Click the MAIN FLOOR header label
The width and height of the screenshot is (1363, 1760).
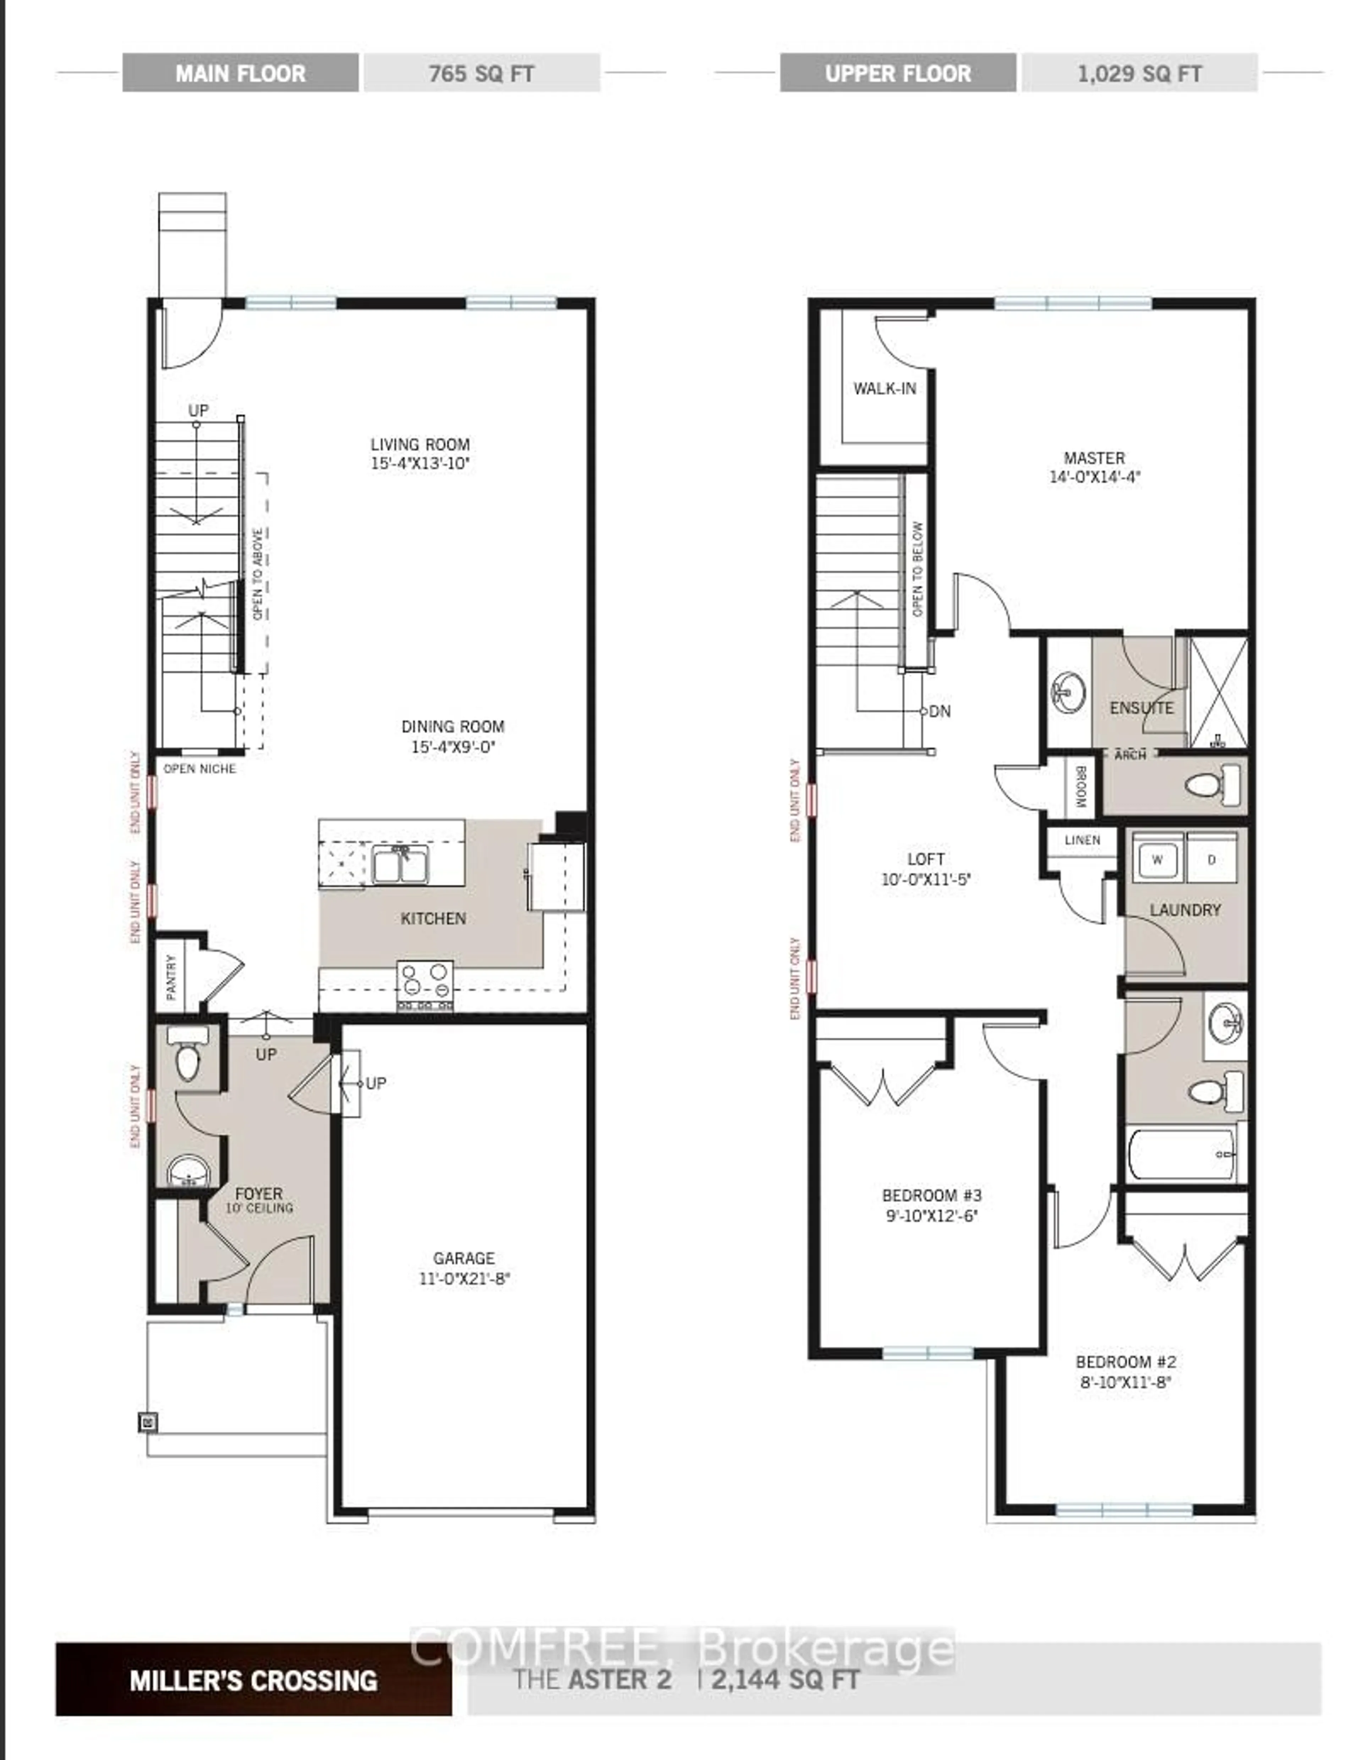240,73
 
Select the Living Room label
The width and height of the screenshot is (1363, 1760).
420,444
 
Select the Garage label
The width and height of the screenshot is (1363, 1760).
464,1258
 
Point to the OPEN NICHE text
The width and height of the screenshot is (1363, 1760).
200,769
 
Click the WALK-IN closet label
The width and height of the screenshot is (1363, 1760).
884,389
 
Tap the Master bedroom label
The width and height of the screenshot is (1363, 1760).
1094,458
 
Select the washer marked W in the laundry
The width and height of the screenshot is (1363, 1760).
1157,859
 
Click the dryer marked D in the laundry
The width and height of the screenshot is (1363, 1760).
1211,859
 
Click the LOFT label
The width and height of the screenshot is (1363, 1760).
925,859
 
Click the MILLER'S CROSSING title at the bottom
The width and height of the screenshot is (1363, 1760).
253,1680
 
